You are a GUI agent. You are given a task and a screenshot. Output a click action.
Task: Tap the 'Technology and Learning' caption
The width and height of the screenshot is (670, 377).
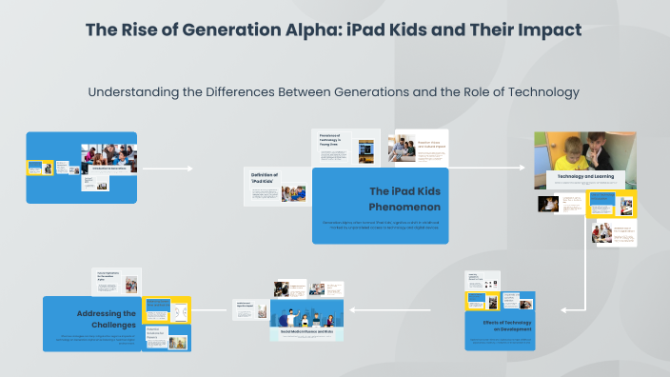pyautogui.click(x=584, y=177)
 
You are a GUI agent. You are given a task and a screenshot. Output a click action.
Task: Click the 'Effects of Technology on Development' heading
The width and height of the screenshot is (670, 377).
pyautogui.click(x=499, y=327)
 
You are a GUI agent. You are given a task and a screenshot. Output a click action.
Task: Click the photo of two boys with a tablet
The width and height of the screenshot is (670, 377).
pyautogui.click(x=585, y=150)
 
